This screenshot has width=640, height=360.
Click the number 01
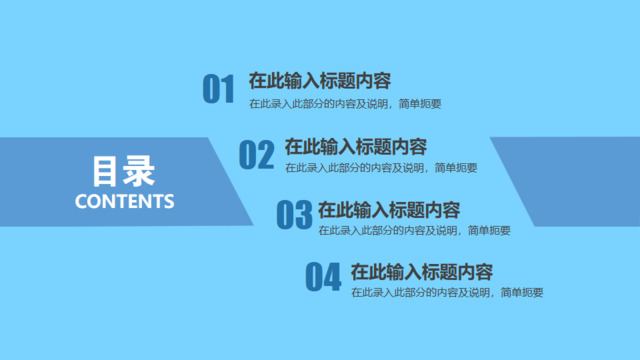218,89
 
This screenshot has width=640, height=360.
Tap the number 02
256,154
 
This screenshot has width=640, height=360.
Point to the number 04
325,276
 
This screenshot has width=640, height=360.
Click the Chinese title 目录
124,171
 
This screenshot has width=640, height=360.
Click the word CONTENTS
125,201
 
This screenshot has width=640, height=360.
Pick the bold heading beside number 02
355,146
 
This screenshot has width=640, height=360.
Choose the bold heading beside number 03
388,210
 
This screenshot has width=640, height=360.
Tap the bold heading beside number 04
422,271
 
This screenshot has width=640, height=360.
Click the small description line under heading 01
345,103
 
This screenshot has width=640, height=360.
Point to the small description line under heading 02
380,167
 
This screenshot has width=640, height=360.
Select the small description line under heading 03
414,231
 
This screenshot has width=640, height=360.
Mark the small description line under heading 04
447,293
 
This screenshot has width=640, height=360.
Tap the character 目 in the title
107,171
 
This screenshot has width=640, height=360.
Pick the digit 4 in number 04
335,276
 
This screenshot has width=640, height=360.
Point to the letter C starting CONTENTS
82,201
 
